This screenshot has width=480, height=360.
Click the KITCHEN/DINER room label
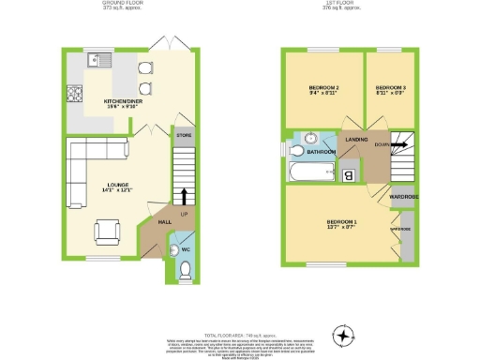[122, 99]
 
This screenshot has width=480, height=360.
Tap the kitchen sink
[96, 62]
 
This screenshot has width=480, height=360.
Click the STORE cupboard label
[184, 137]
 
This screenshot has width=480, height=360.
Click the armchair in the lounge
[108, 230]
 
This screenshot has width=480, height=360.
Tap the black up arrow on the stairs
[184, 195]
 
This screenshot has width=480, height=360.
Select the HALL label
[164, 221]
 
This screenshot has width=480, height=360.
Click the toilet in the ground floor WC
[185, 270]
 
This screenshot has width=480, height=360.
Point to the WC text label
[185, 249]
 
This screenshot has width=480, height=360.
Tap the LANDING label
[356, 140]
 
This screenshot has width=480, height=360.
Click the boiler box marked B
[348, 174]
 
